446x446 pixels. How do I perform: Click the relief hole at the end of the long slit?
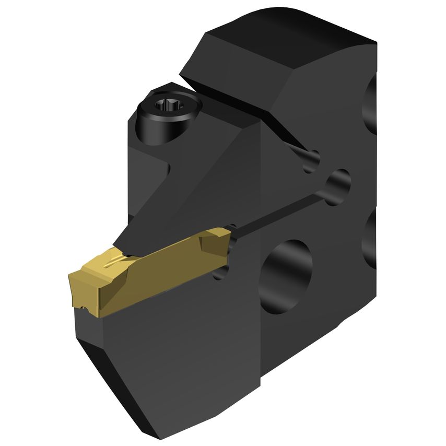pyautogui.click(x=339, y=183)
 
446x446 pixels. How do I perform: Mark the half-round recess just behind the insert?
pyautogui.click(x=222, y=272)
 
